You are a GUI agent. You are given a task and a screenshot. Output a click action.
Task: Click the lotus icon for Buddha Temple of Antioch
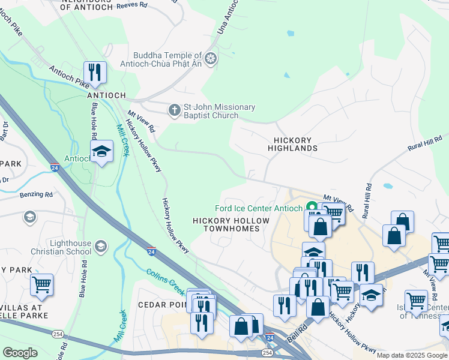pos(210,58)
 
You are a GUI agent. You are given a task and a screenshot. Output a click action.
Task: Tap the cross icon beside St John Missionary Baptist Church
pos(174,110)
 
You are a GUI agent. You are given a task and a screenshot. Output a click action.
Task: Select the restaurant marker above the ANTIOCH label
pos(95,73)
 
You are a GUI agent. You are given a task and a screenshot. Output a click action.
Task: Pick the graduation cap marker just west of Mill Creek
pos(101,152)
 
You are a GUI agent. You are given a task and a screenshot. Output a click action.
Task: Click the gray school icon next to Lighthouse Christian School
pos(100,245)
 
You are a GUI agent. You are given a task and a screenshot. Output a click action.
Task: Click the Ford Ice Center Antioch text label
pos(259,209)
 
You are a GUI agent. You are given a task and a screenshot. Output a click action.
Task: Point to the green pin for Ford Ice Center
pos(312,207)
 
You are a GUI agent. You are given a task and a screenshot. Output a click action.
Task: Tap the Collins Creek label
pos(165,281)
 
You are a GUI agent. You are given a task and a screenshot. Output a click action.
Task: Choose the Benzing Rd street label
pos(35,194)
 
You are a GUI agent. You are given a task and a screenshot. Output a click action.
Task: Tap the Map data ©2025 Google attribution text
pos(412,355)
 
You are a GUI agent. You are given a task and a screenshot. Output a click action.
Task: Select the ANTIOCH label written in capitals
pos(106,95)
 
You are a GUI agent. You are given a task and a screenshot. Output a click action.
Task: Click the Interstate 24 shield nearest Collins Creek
pos(151,252)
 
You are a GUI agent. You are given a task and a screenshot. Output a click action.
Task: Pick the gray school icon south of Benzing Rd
pos(29,217)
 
